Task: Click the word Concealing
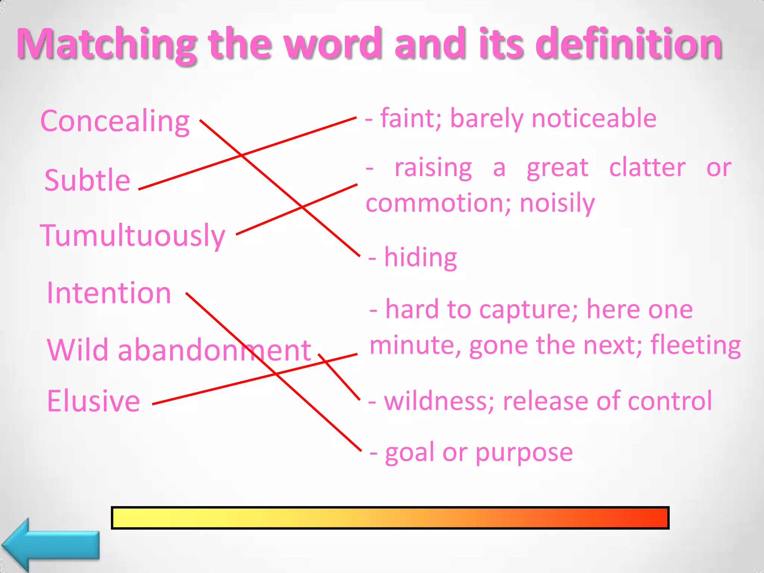[115, 122]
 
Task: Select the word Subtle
[87, 180]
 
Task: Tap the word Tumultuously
[132, 236]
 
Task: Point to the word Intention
[109, 293]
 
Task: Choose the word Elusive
[93, 401]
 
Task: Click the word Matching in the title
[107, 44]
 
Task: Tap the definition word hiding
[420, 257]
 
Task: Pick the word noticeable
[594, 119]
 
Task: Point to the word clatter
[647, 168]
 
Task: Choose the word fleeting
[696, 345]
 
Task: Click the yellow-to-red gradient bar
[390, 518]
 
